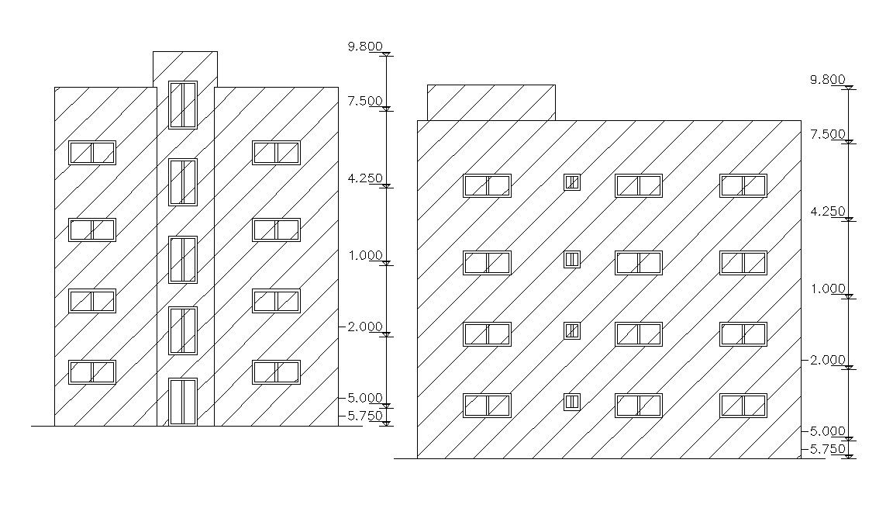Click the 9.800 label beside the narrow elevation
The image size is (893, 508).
[x=365, y=47]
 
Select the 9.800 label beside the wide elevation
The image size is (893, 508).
[x=826, y=79]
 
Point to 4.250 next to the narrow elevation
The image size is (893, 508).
[x=365, y=178]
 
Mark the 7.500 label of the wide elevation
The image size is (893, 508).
[x=826, y=134]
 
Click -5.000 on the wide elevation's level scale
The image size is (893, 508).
[x=824, y=431]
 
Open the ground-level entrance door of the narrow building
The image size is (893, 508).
[x=183, y=402]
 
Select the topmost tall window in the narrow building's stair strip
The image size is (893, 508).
[x=183, y=105]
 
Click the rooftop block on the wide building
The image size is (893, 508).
[x=491, y=102]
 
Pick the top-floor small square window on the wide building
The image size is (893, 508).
[x=572, y=182]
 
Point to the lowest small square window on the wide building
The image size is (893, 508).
[x=572, y=402]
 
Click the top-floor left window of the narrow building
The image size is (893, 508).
[x=92, y=153]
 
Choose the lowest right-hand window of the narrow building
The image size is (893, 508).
[x=276, y=372]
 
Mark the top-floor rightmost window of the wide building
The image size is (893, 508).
[x=743, y=186]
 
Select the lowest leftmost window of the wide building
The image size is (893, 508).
[x=487, y=406]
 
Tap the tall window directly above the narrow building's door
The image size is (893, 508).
[x=183, y=330]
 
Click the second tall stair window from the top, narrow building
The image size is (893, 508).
[x=183, y=182]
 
